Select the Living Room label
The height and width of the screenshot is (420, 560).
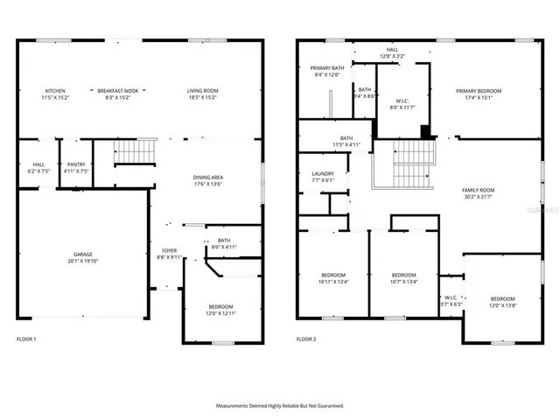[202, 91]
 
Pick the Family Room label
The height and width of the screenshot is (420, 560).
[479, 190]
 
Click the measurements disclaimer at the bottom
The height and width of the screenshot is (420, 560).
[280, 406]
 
